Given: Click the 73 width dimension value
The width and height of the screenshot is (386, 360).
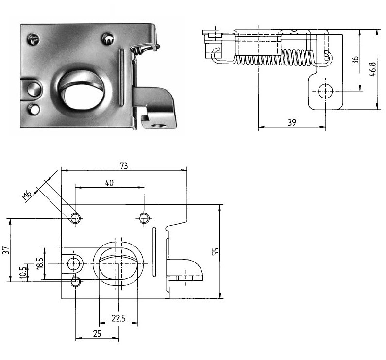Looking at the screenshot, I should [x=124, y=165].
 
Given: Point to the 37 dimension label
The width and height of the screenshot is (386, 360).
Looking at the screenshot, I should [x=5, y=250].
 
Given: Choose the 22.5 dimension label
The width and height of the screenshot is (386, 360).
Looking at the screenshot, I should [x=117, y=318].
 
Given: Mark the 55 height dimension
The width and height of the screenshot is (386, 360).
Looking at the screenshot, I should [x=216, y=251].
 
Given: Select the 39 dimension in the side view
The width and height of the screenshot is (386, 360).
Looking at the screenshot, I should [x=292, y=122].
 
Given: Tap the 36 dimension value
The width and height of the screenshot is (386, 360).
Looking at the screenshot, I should [x=355, y=60].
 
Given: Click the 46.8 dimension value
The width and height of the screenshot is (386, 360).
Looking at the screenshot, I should [x=372, y=70].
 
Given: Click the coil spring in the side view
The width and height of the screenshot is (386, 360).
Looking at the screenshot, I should [x=272, y=58].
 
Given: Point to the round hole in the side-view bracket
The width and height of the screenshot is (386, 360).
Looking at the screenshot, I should [x=324, y=91].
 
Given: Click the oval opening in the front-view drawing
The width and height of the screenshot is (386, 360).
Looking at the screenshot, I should [x=118, y=264].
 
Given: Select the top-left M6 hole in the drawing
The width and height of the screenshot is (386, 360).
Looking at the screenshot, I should [x=75, y=218].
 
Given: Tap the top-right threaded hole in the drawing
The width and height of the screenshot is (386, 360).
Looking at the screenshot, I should [x=144, y=218].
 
